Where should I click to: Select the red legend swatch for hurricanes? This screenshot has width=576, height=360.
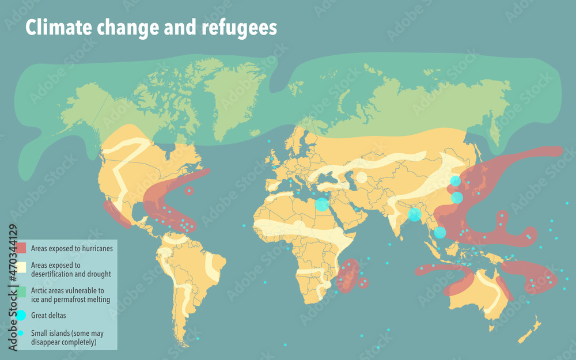(x=21, y=248)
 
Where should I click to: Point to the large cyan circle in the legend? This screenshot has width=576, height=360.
(x=21, y=315)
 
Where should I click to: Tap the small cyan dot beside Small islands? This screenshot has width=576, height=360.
(x=21, y=333)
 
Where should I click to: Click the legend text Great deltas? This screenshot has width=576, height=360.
(x=48, y=315)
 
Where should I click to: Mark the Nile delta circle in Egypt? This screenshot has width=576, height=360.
(x=322, y=204)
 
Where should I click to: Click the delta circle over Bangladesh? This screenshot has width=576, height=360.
(x=414, y=215)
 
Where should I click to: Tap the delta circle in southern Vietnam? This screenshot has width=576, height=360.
(x=439, y=233)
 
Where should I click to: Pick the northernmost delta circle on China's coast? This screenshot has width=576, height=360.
(x=455, y=181)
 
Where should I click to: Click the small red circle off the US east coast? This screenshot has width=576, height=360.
(x=190, y=190)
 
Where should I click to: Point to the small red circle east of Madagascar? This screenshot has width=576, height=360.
(x=364, y=283)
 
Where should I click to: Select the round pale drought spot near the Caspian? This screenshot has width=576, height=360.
(x=361, y=177)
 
